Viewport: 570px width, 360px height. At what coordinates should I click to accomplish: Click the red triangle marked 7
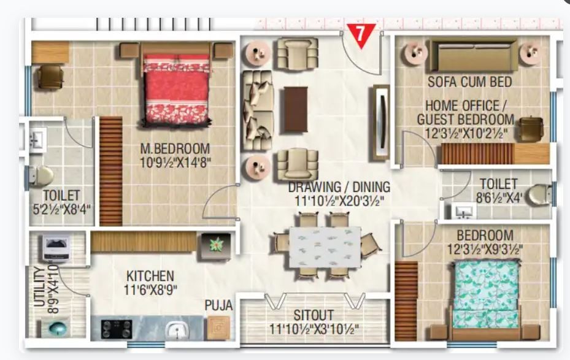(x=361, y=34)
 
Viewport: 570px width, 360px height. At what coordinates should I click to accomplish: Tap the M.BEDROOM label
(x=175, y=148)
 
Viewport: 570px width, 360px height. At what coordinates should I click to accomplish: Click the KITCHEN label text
(x=150, y=276)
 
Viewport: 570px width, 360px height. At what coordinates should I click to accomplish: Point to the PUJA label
(x=218, y=305)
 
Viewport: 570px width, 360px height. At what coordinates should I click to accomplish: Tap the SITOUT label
(x=314, y=315)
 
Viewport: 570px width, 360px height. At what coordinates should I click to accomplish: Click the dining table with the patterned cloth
(x=325, y=247)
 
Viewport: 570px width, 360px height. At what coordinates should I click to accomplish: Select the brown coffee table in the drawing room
(x=296, y=109)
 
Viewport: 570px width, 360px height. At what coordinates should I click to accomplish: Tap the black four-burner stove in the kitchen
(x=117, y=329)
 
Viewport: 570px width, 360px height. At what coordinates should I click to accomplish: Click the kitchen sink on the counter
(x=177, y=330)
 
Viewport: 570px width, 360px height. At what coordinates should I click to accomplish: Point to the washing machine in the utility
(x=56, y=248)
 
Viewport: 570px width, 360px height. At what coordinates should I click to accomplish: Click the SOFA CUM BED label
(x=469, y=82)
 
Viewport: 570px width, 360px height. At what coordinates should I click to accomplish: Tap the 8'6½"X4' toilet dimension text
(x=499, y=198)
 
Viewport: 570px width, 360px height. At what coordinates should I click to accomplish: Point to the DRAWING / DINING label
(x=339, y=188)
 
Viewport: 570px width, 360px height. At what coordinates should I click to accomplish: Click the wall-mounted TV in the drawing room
(x=381, y=123)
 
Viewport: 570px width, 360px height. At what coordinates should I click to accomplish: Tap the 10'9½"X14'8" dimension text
(x=175, y=163)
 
